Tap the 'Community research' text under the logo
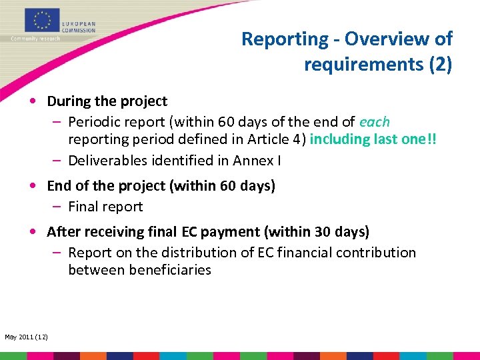35,39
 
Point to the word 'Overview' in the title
377,39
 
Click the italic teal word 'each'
375,122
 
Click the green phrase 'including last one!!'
374,139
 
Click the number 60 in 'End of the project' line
228,186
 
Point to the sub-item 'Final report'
105,207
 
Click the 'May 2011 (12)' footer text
25,336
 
